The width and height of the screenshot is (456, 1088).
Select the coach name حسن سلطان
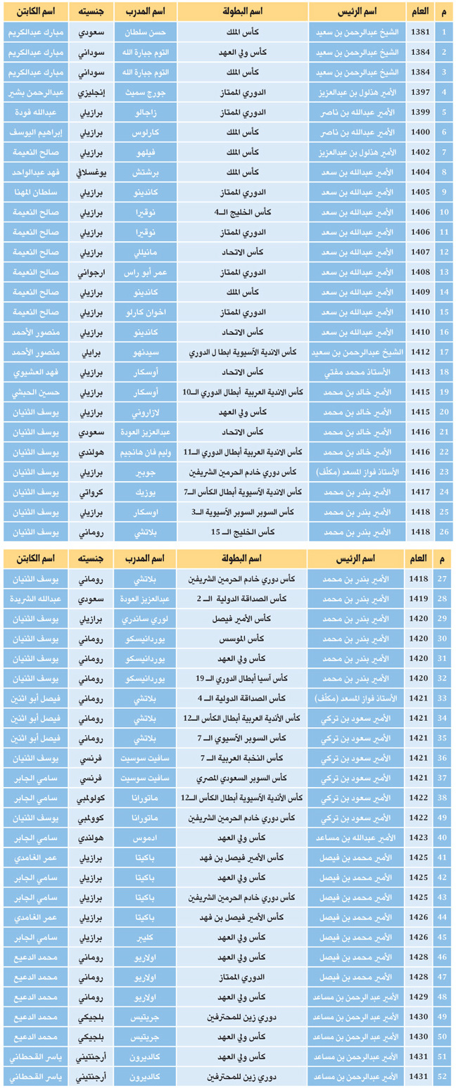tap(144, 32)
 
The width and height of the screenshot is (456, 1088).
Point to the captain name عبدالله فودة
tap(35, 112)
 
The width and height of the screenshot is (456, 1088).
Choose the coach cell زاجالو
tap(144, 112)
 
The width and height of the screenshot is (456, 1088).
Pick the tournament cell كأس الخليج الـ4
tap(243, 212)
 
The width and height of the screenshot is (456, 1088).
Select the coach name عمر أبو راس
tap(144, 271)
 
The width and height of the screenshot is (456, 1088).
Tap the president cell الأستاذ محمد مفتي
tap(358, 372)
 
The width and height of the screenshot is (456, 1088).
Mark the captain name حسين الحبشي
tap(35, 392)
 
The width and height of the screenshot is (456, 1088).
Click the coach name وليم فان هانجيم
tap(144, 452)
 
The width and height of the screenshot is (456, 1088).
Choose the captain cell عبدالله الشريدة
tap(35, 599)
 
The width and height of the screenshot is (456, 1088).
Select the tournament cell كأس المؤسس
tap(243, 639)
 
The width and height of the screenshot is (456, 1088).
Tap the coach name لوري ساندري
tap(144, 619)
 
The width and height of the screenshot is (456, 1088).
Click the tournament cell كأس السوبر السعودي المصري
tap(243, 778)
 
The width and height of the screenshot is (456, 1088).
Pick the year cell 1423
tap(418, 838)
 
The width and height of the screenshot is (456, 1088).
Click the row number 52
tap(443, 1077)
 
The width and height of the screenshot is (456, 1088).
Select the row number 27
tap(443, 579)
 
